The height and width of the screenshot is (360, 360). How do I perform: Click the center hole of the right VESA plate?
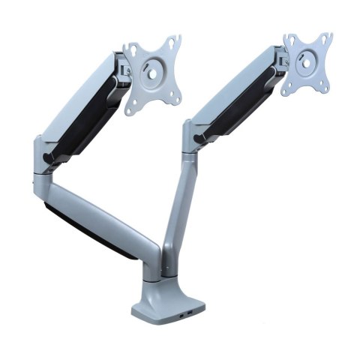click(308, 59)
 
